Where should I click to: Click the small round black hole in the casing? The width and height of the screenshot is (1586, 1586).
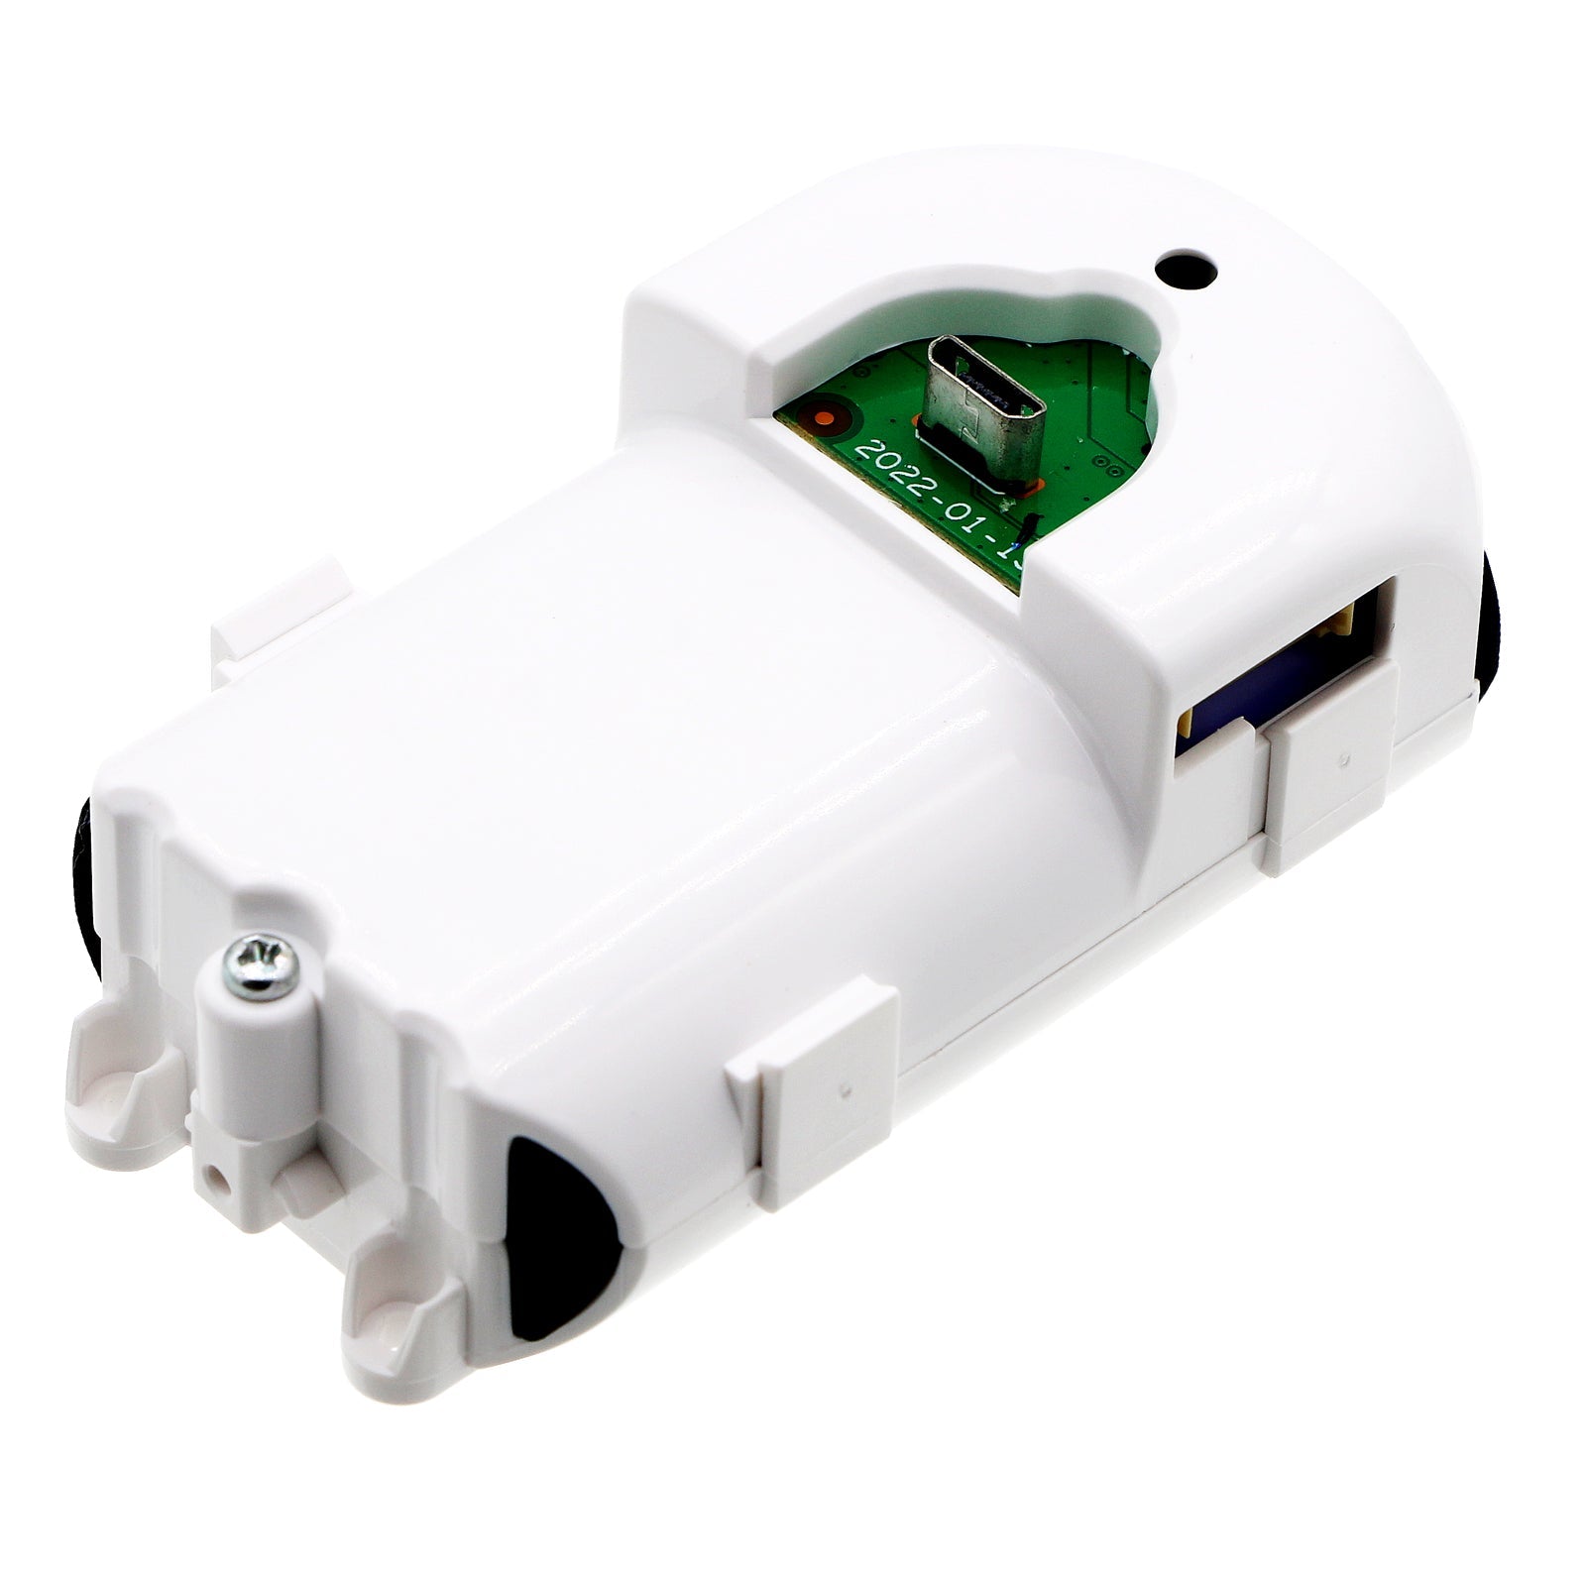click(x=1187, y=267)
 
